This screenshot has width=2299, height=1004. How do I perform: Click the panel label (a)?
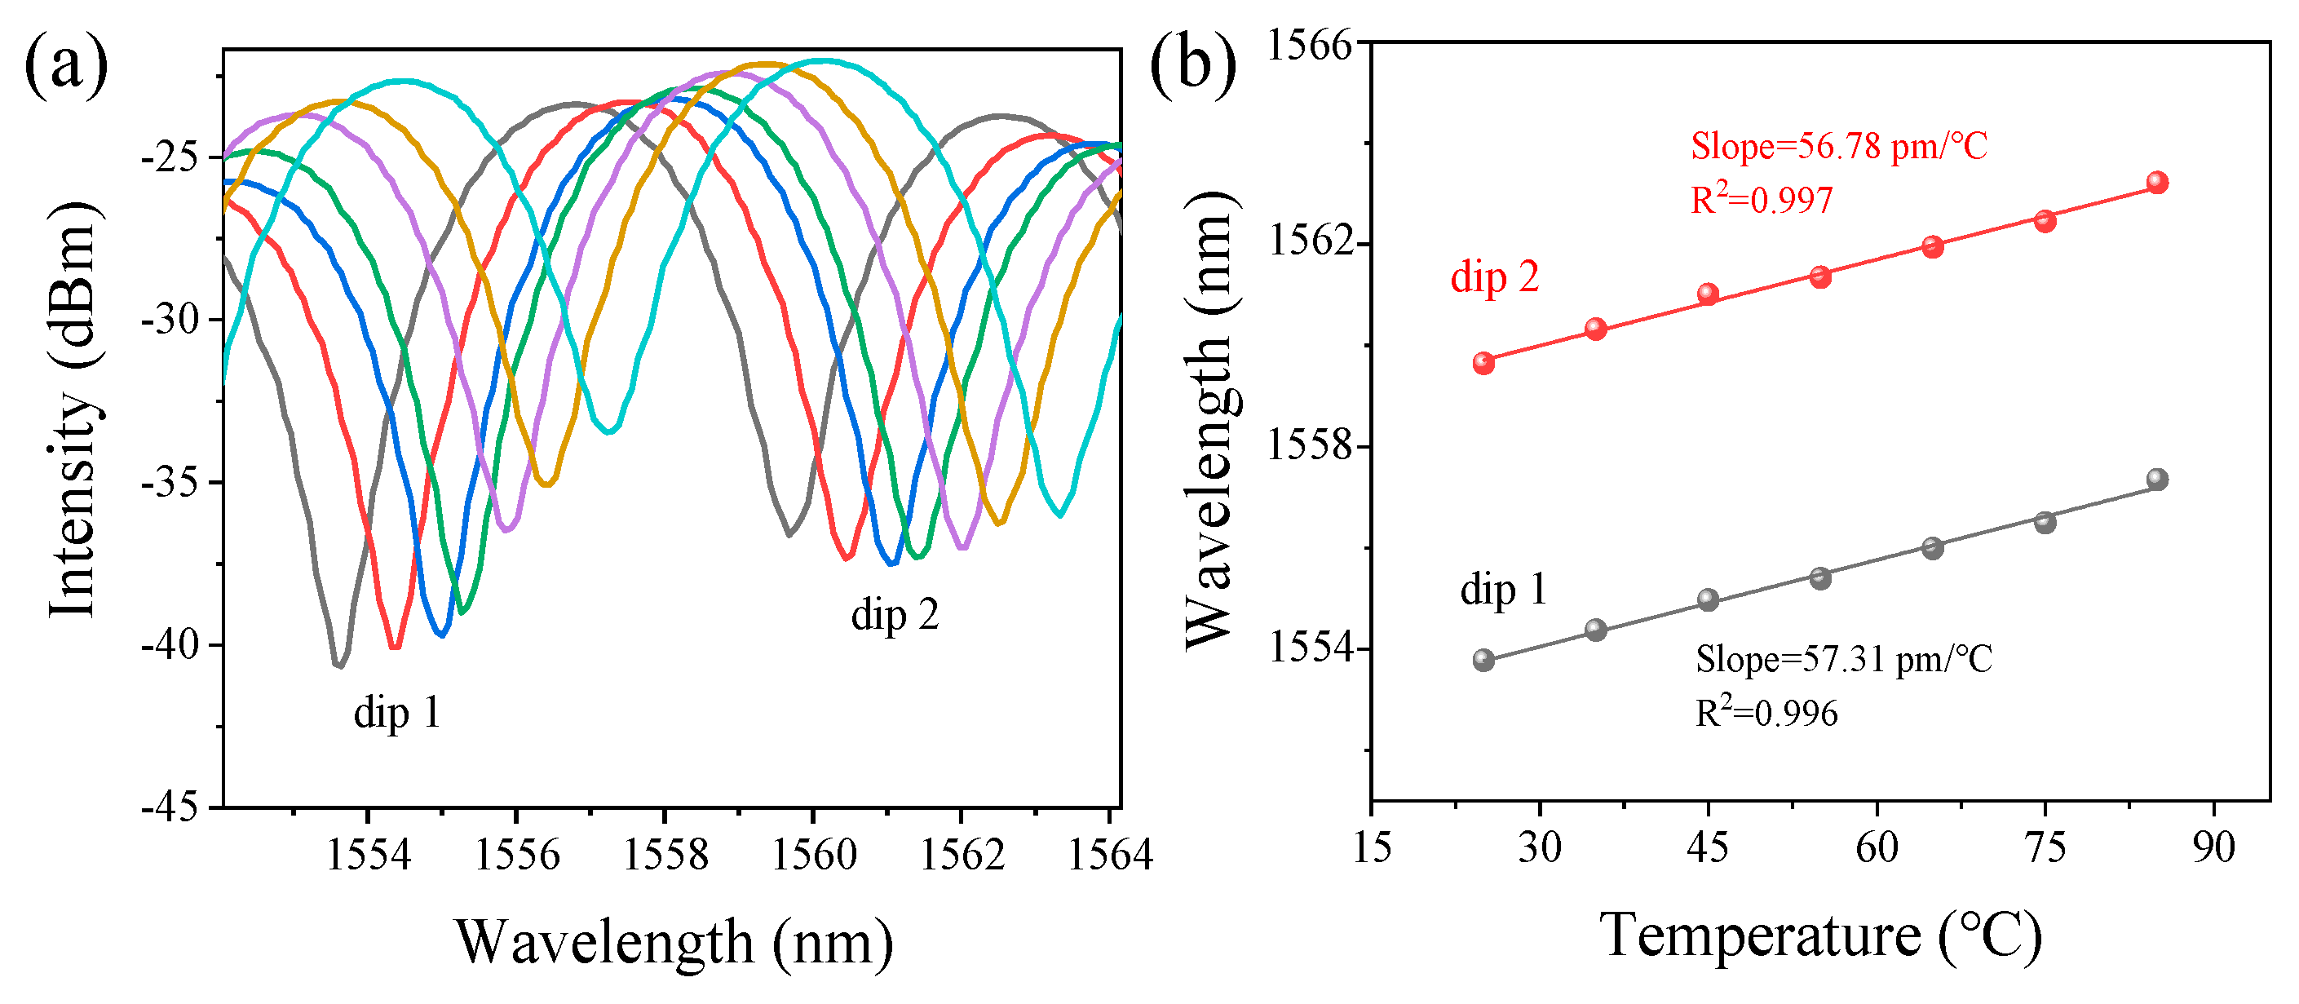65,64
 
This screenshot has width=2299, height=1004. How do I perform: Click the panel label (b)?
1192,64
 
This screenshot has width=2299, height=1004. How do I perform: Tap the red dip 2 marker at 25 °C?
1483,362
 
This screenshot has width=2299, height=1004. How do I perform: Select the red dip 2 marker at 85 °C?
2157,182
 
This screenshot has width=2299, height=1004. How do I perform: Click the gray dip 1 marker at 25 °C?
1483,660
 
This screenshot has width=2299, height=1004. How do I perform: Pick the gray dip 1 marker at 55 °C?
1820,577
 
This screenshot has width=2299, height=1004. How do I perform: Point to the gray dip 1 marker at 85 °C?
2157,480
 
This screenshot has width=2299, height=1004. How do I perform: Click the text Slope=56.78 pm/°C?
1838,146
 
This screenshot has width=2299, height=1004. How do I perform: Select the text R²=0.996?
1766,713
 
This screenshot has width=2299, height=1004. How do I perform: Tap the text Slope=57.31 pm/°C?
1844,660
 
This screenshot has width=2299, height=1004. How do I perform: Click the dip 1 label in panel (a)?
397,713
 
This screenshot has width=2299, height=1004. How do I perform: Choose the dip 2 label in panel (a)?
895,615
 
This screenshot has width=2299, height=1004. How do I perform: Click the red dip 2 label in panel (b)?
1495,276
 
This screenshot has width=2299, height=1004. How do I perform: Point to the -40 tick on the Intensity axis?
170,644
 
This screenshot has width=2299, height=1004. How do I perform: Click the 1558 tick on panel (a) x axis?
664,855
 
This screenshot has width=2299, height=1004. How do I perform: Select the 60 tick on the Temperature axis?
1877,847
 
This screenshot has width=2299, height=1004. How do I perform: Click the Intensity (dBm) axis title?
73,409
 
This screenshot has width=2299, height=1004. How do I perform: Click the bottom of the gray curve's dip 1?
338,664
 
